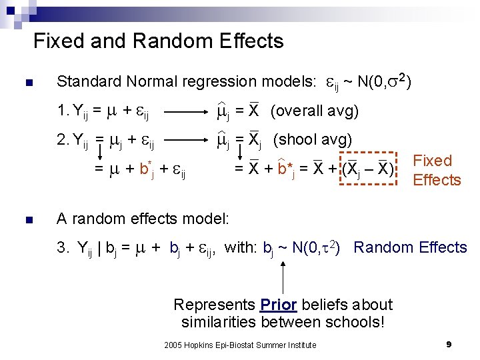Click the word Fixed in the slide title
click(x=58, y=41)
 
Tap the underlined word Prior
click(x=278, y=305)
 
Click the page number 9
click(x=449, y=345)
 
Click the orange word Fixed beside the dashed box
click(x=433, y=161)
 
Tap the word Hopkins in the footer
click(x=196, y=345)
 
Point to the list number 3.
click(x=61, y=248)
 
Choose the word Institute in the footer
click(x=301, y=345)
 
